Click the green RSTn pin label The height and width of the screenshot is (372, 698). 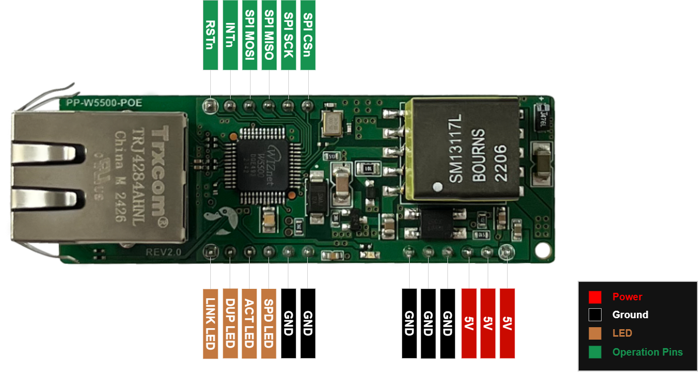[211, 35]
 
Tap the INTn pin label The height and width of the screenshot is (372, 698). [230, 35]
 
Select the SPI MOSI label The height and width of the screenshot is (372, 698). [250, 35]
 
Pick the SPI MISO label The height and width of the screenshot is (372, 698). [269, 35]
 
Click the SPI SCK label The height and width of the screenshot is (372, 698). [288, 35]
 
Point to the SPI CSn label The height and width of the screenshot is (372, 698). [308, 35]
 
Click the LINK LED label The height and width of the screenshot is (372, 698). [210, 323]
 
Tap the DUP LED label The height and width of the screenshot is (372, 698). [230, 323]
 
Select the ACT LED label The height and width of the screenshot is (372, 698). [249, 323]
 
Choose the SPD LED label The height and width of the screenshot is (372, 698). [268, 323]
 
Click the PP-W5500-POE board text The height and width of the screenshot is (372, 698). [100, 104]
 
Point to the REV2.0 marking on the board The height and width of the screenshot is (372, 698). [164, 252]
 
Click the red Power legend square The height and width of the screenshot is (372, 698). [595, 297]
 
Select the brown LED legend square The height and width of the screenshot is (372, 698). [595, 334]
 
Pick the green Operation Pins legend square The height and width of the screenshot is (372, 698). [595, 352]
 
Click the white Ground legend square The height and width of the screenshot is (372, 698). [595, 315]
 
